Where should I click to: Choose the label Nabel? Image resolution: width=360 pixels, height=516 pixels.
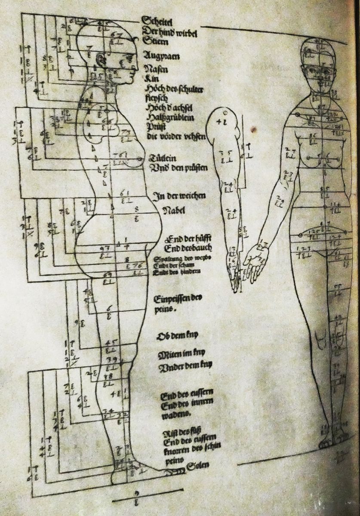173,211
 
